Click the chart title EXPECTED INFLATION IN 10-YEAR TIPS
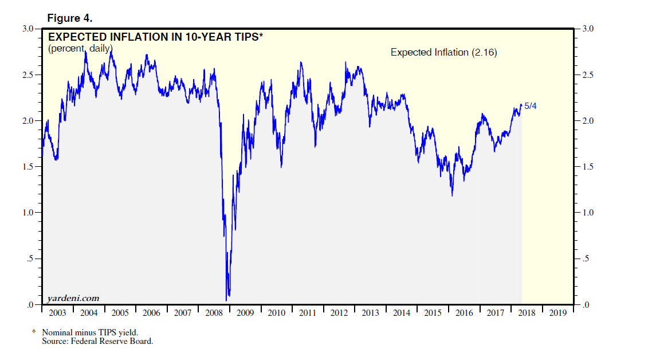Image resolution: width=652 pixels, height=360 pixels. [x=155, y=37]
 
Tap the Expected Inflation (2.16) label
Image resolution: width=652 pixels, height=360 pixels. [x=443, y=52]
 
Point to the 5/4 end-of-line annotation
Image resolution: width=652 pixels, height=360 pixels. [x=531, y=106]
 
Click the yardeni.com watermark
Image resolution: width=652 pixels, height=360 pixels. [x=73, y=298]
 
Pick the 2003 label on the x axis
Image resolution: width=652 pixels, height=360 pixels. [x=57, y=313]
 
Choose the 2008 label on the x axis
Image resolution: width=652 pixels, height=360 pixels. [x=214, y=313]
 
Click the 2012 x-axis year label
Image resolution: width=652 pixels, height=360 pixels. [x=339, y=313]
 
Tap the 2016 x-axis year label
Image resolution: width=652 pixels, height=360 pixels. [x=464, y=313]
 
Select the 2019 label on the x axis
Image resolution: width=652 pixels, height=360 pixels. [x=558, y=313]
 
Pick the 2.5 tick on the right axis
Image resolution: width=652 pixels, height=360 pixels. [x=587, y=75]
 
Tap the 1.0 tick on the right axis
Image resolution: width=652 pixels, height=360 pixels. [x=587, y=213]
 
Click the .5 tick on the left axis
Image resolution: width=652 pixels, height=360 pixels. [x=31, y=259]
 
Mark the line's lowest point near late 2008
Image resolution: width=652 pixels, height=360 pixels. [x=227, y=299]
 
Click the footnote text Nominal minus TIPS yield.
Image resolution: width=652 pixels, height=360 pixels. [x=90, y=332]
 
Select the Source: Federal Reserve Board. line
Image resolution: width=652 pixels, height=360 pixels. [x=97, y=341]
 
